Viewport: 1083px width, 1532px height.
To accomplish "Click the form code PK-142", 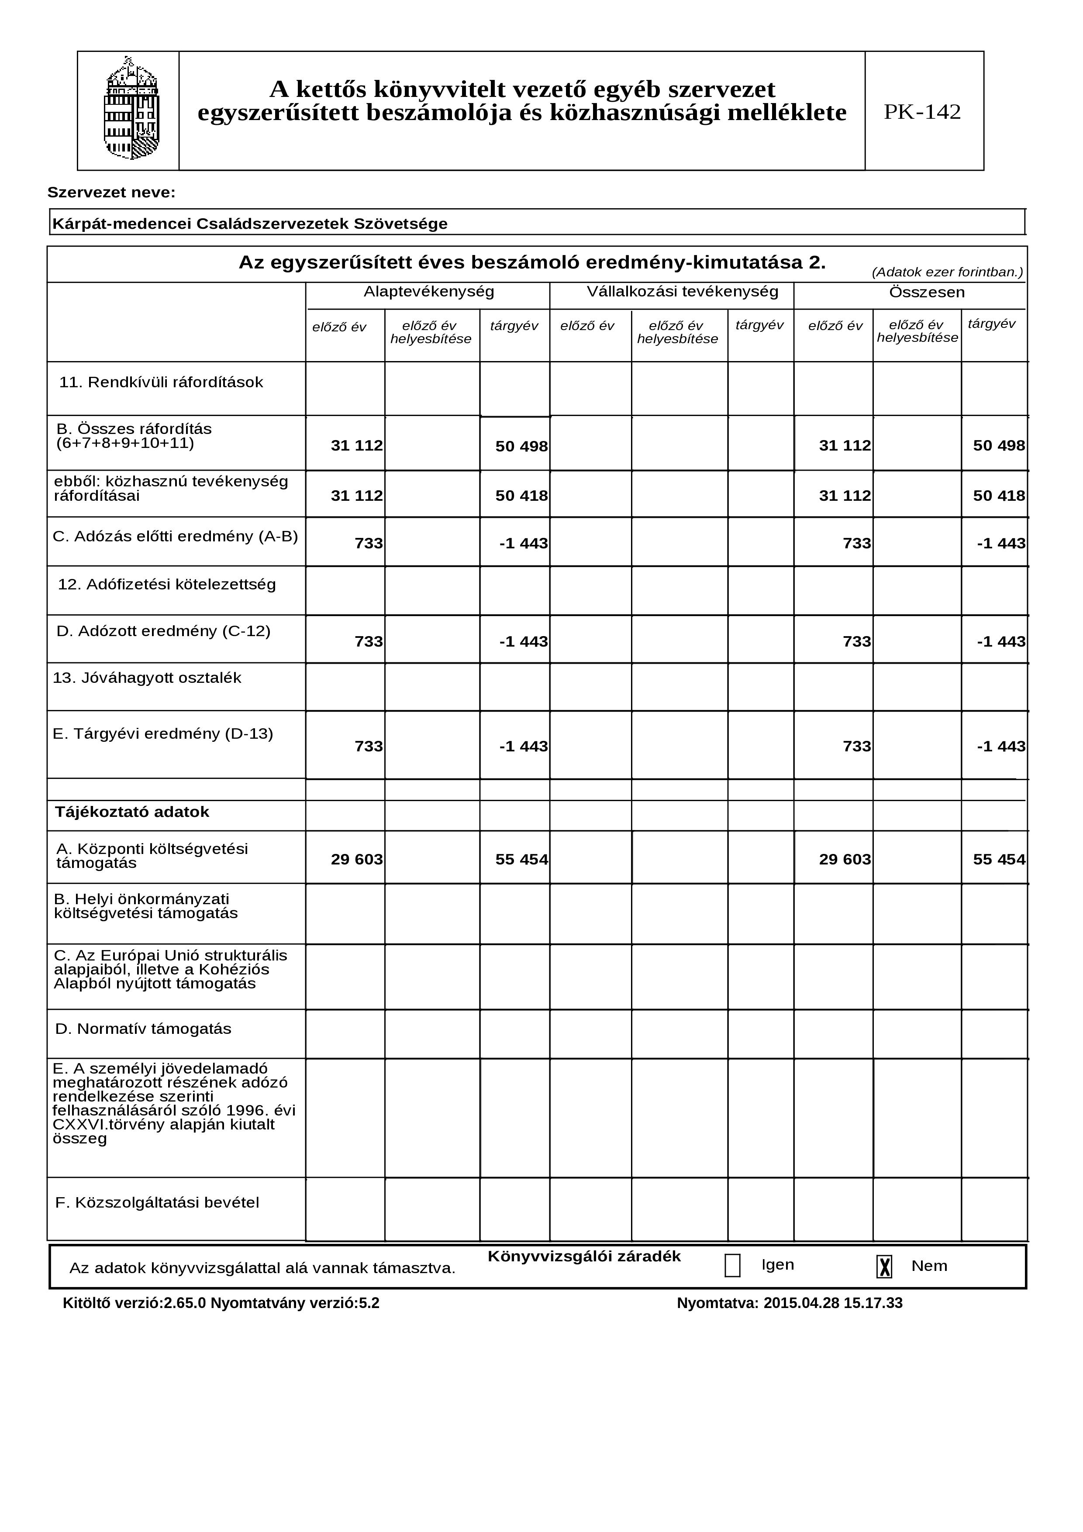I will click(x=922, y=111).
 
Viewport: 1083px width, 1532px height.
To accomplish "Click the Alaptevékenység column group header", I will click(x=428, y=292).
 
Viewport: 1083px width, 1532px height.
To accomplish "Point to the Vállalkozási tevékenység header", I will click(x=682, y=292).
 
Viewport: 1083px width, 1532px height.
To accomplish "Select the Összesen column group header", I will click(x=926, y=292).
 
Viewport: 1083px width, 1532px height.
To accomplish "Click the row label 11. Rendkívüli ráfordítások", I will click(x=161, y=382).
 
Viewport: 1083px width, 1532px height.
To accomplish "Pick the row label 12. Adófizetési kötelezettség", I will click(x=167, y=585).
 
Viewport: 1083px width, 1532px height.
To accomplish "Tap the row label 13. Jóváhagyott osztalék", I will click(x=147, y=678).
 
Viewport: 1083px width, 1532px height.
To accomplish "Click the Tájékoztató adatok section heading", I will click(x=132, y=812).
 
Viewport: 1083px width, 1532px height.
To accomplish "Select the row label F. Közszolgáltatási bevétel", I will click(x=157, y=1202).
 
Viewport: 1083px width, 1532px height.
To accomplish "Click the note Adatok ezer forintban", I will click(x=946, y=272).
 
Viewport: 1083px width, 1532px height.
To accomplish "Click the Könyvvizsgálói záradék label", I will click(x=584, y=1257).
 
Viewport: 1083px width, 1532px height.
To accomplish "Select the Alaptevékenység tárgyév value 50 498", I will click(x=521, y=446).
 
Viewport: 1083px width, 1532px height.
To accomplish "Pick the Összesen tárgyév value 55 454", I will click(x=998, y=859).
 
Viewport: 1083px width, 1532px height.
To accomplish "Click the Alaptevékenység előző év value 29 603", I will click(x=356, y=859).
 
